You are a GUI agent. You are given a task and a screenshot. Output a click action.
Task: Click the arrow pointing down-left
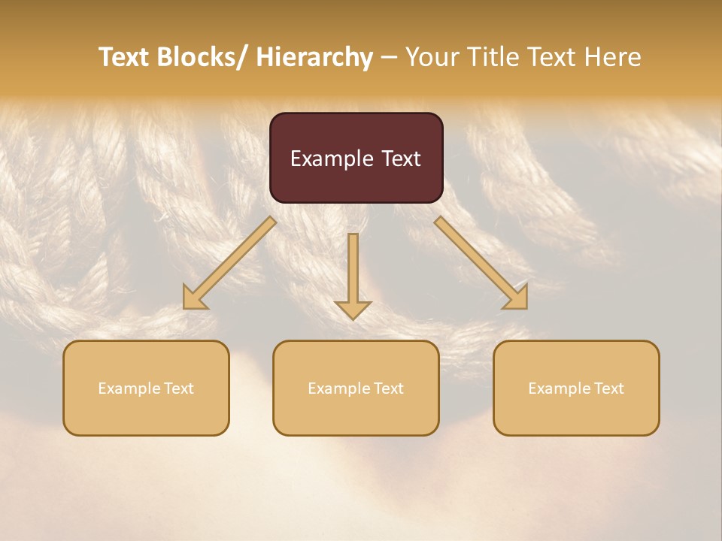tap(229, 263)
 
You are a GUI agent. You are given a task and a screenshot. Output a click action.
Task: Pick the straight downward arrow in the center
tap(353, 274)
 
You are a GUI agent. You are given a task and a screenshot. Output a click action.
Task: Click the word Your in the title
tap(432, 57)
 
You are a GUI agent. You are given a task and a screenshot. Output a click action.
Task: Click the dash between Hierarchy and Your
tap(389, 57)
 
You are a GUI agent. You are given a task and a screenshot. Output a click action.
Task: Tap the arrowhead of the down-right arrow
tap(517, 298)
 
